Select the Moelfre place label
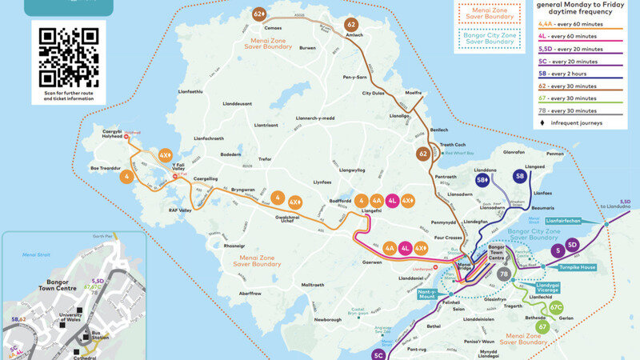pos(414,93)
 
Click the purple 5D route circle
pos(572,244)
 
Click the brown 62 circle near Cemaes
pos(259,14)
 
